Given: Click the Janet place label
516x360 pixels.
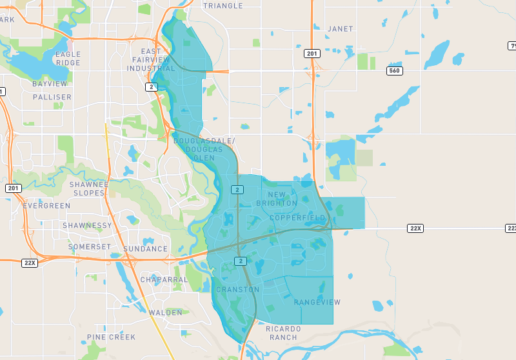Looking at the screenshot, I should pos(340,29).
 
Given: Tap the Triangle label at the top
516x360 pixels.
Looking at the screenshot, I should pos(223,6).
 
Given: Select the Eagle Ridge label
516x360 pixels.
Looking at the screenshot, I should pos(68,59).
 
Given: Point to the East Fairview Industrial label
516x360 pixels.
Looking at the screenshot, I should pos(151,59).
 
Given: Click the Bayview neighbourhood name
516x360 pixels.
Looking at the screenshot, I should pos(50,84).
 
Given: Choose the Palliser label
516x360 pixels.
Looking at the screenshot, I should pos(52,97).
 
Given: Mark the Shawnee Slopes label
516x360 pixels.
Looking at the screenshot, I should pos(88,188).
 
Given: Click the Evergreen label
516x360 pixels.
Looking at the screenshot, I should pos(46,206).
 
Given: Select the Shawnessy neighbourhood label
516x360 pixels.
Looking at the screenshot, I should pos(87,226).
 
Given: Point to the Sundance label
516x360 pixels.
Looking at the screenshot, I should pos(145,248).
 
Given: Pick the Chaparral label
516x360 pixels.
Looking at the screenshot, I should pos(164,280).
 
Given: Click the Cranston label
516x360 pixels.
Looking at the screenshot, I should pos(237,290).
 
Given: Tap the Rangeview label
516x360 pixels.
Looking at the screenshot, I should pos(317,303).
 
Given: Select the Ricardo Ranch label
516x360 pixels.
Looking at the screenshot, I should pos(283,333).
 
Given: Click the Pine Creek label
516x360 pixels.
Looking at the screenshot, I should pos(112,337).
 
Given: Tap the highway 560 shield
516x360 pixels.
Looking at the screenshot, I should pos(395,70).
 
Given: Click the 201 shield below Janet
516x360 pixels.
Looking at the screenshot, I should pos(313,54).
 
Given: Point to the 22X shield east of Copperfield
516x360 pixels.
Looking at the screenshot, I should pos(415,228).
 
